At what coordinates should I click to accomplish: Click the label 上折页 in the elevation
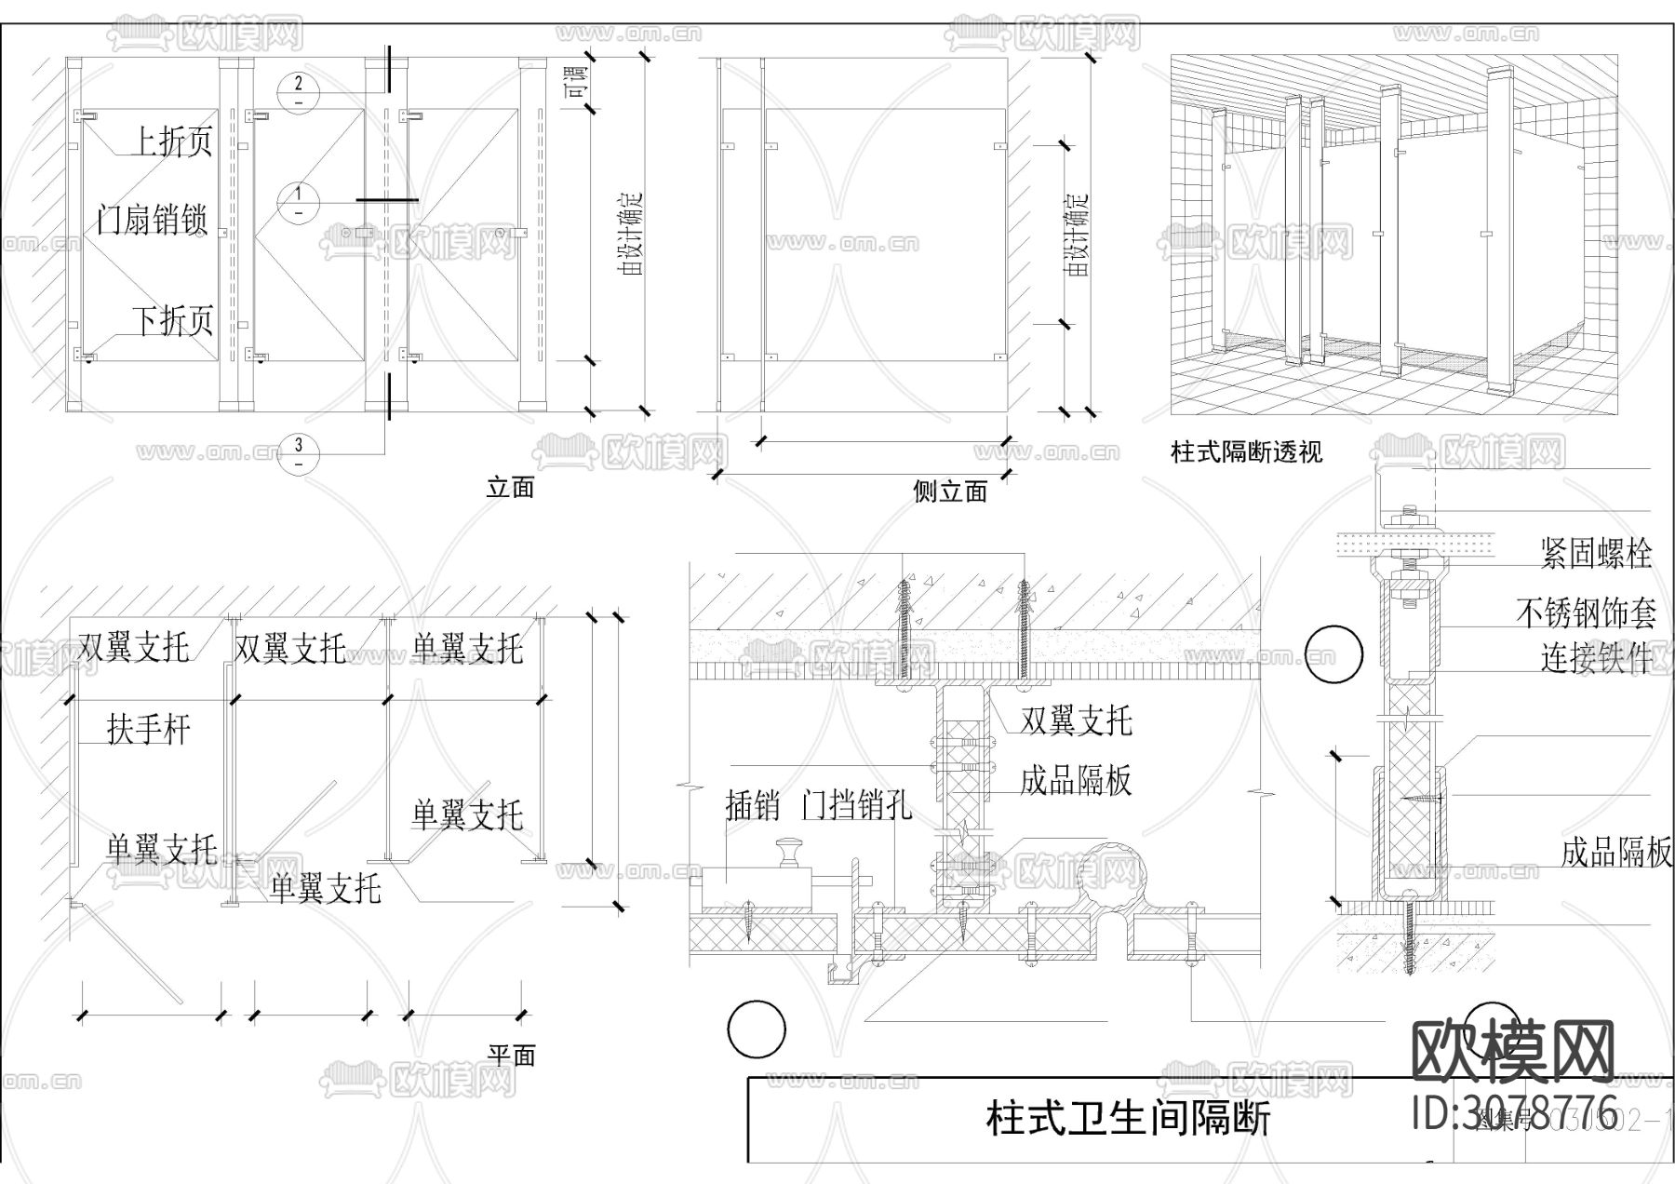click(x=173, y=141)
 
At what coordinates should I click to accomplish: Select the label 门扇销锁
click(x=152, y=220)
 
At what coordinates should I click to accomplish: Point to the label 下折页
click(x=173, y=321)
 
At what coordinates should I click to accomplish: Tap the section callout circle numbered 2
click(x=299, y=90)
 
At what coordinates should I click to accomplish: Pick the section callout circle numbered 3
click(x=299, y=451)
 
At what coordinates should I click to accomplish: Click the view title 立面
click(x=510, y=488)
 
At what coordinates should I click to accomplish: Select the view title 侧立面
click(x=950, y=491)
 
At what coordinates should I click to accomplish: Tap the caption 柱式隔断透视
click(x=1246, y=453)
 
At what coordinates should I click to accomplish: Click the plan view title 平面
click(x=512, y=1056)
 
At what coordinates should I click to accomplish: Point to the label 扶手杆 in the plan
click(x=148, y=729)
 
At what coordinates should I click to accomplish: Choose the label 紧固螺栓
click(x=1596, y=554)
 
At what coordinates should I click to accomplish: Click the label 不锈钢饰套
click(x=1586, y=612)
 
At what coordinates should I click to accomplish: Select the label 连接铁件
click(x=1596, y=658)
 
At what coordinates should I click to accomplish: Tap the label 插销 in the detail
click(x=752, y=805)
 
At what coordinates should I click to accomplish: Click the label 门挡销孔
click(x=857, y=805)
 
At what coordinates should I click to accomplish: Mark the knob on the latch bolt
click(x=791, y=849)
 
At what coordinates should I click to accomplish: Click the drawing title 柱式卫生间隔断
click(x=1128, y=1118)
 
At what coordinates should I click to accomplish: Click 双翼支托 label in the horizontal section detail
click(x=1077, y=720)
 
